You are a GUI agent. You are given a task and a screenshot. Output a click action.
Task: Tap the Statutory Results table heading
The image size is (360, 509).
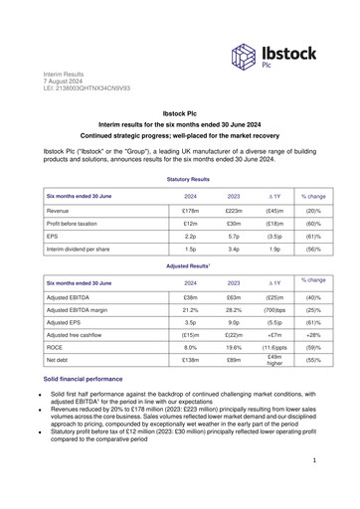pyautogui.click(x=180, y=179)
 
